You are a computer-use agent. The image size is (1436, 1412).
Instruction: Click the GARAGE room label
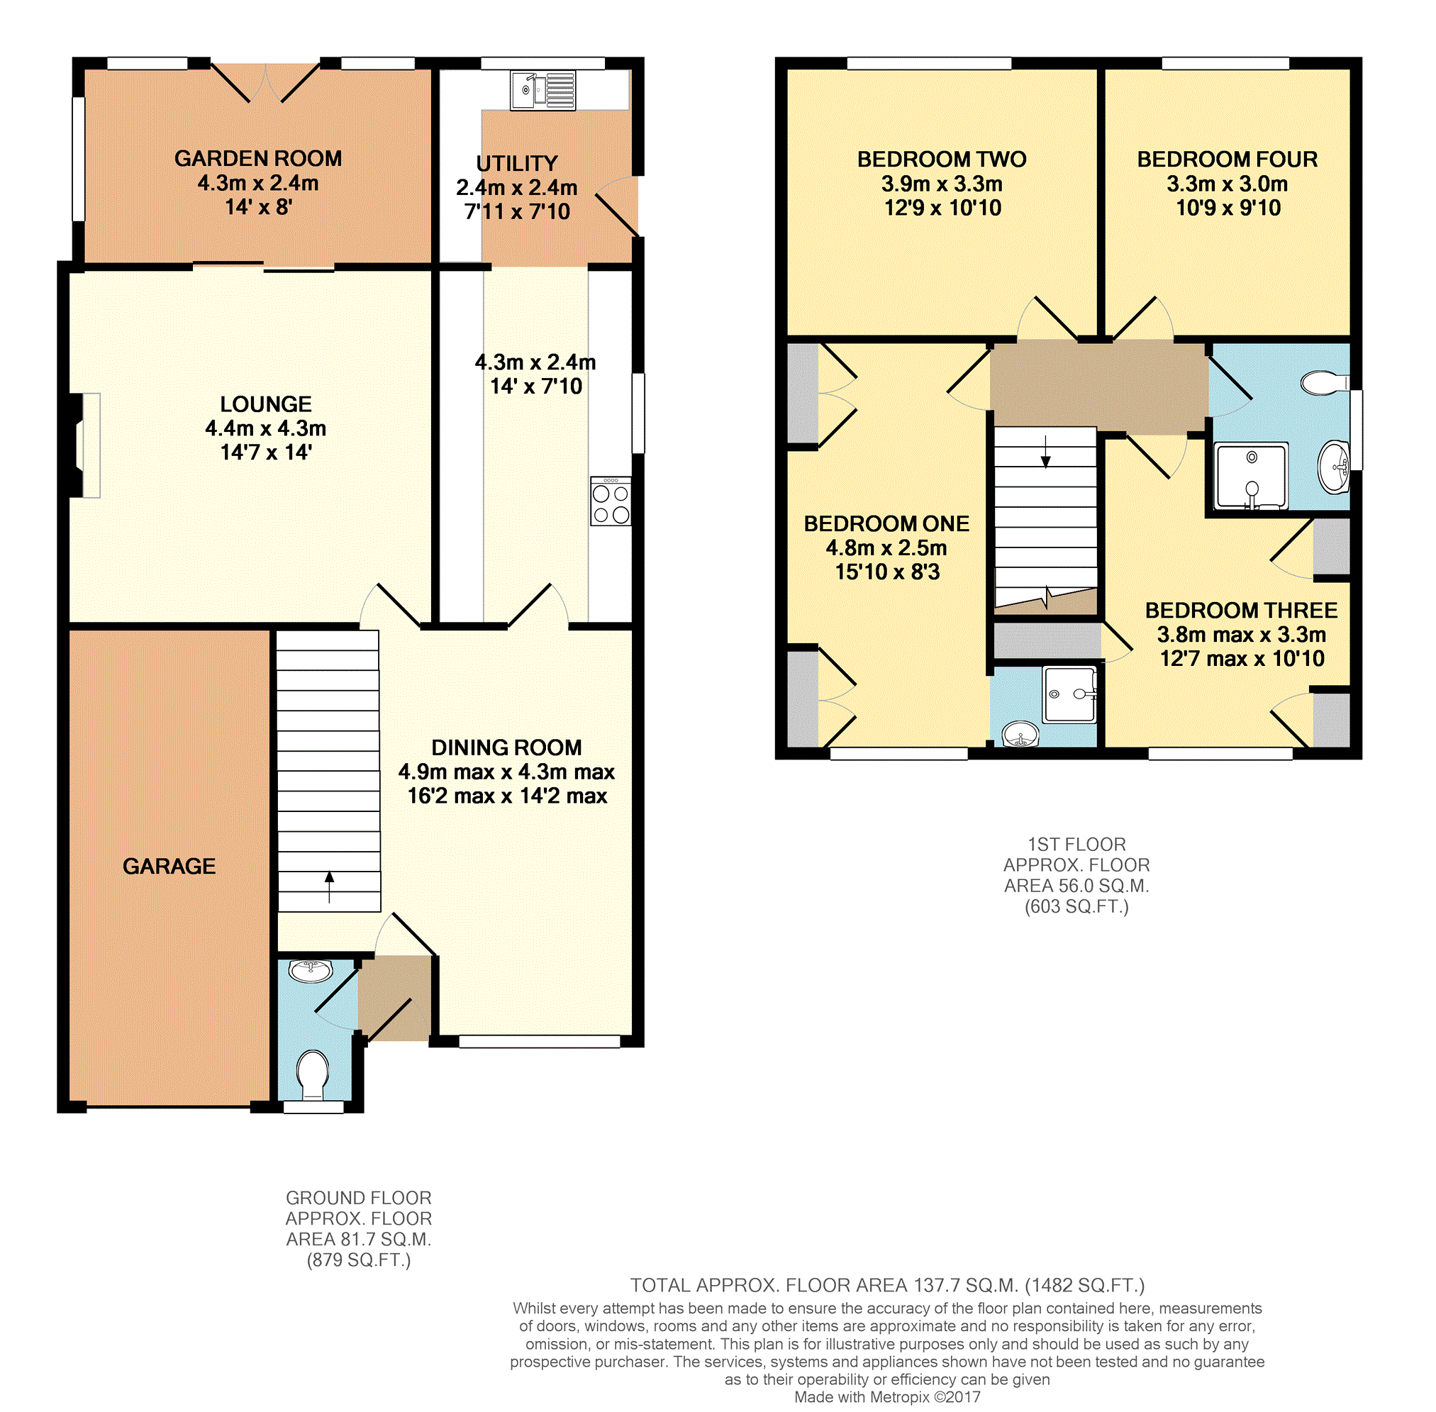169,865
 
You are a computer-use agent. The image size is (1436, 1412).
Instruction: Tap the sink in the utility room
542,91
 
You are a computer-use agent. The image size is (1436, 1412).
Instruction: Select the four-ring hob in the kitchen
611,501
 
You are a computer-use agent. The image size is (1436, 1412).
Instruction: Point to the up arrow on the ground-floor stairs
329,887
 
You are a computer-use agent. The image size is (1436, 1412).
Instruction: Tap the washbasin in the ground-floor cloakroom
311,970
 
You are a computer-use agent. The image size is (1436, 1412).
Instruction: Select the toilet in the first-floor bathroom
1325,383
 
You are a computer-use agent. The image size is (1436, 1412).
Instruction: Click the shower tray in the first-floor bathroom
1252,476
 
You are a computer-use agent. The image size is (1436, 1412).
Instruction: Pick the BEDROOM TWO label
942,160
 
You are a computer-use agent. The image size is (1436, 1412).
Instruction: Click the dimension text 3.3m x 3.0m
1227,184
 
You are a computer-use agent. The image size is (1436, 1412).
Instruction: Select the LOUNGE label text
265,404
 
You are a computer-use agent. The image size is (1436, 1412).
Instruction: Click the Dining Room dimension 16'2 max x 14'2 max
507,796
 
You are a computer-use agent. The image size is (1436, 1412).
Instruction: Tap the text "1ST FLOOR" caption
1076,844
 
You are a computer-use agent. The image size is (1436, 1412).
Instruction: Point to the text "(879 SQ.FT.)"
358,1260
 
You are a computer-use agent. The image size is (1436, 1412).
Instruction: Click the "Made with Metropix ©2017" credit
887,1397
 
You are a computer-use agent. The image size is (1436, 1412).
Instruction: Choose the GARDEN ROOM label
258,159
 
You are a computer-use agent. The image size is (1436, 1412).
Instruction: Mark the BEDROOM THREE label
1241,611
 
